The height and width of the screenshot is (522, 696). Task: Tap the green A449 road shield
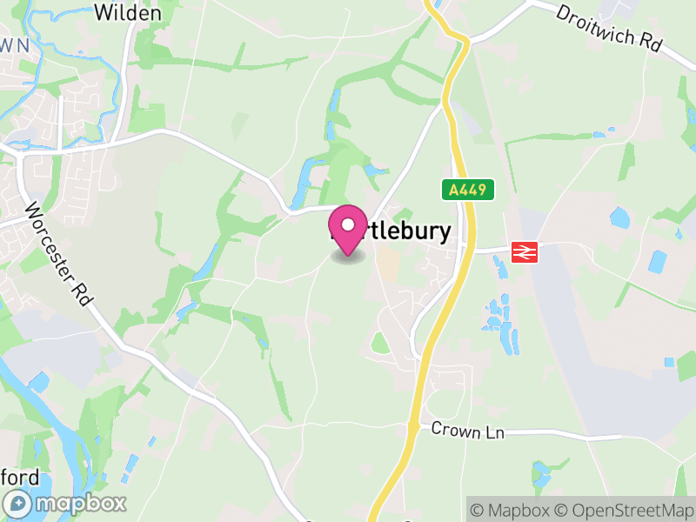point(467,189)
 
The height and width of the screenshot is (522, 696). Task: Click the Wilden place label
point(127,13)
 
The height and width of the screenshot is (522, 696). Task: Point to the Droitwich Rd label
point(609,29)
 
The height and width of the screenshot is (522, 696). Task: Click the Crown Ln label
point(468,431)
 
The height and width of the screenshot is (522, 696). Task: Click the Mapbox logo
point(66,503)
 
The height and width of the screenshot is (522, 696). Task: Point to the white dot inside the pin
point(348,225)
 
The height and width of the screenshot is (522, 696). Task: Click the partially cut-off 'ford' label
point(19,478)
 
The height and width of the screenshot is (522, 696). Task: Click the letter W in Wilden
point(104,13)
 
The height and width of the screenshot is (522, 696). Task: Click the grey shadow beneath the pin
point(348,258)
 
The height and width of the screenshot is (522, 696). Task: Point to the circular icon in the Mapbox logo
point(17,503)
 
